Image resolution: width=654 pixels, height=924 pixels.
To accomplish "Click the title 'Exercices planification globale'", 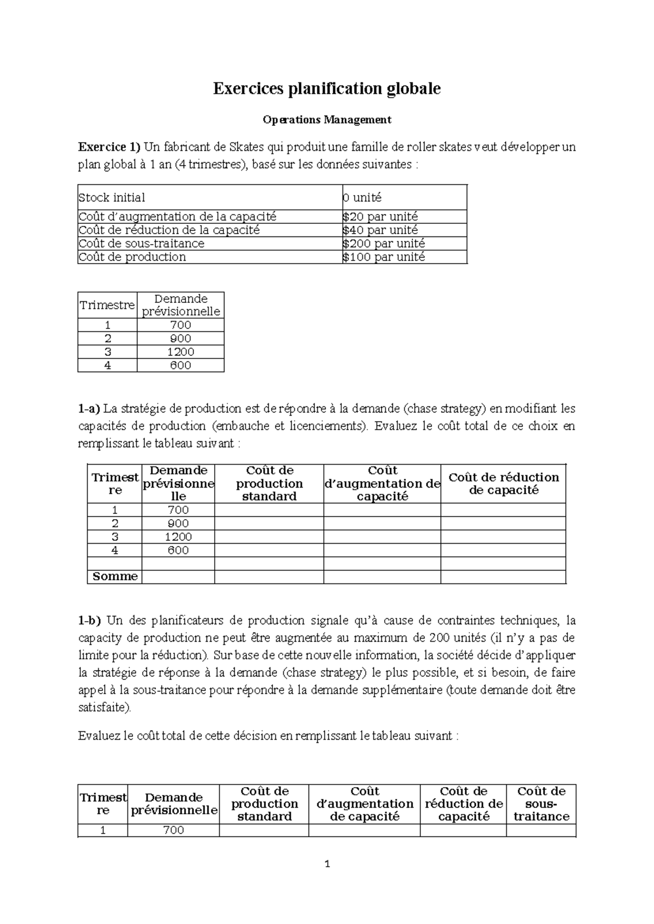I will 326,89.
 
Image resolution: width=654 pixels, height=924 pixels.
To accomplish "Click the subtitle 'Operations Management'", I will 326,119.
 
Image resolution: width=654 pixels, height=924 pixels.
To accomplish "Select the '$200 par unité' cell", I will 384,244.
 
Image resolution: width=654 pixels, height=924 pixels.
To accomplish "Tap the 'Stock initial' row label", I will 112,197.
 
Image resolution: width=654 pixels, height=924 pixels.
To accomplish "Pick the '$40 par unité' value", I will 380,230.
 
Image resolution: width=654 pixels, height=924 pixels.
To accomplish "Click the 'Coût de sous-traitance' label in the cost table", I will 142,244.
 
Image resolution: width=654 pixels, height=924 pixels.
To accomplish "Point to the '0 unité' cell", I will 362,197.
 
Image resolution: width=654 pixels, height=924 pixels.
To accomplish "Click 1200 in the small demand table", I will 180,352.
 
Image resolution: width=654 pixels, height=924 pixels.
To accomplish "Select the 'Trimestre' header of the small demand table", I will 107,305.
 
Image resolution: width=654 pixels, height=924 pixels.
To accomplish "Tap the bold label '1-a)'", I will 89,409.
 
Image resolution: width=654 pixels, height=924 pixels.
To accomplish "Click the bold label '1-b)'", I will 90,621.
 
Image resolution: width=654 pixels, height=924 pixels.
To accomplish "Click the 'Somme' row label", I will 115,576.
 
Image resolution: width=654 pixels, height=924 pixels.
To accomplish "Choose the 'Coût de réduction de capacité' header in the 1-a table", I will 503,483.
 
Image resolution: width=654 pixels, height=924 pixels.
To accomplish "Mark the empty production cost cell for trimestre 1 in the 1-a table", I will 269,510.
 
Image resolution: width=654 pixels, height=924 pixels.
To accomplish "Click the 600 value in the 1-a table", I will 178,550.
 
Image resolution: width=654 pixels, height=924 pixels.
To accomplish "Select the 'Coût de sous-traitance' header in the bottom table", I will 541,804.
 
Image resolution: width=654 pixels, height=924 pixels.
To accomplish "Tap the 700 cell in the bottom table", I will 173,830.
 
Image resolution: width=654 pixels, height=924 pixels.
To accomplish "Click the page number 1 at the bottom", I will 327,864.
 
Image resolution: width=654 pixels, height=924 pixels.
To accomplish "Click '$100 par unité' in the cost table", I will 384,257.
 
